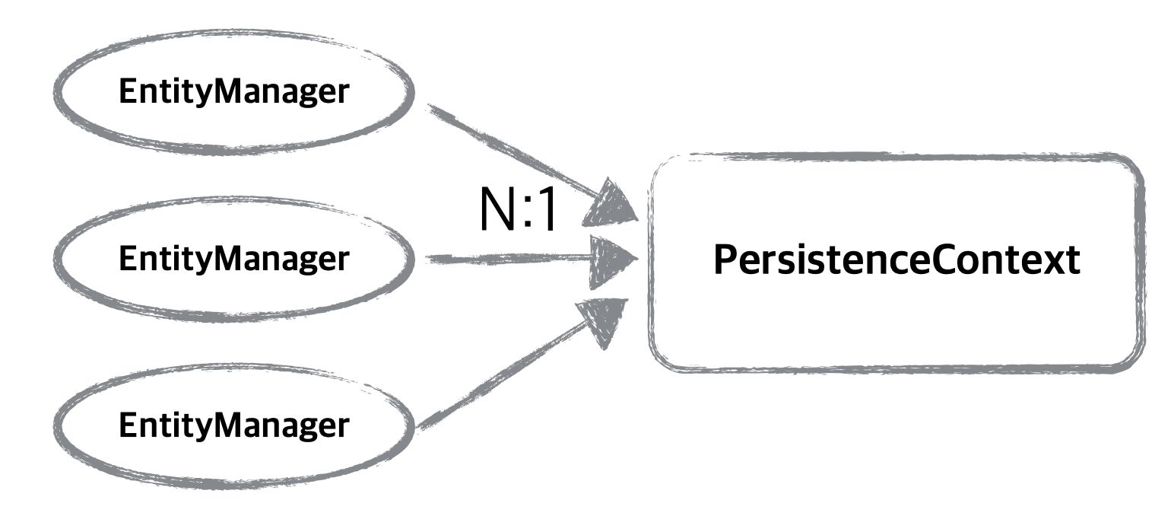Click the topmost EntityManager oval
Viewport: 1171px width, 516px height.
[234, 93]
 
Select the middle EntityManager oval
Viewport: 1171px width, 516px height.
[234, 260]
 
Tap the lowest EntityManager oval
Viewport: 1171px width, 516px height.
[234, 425]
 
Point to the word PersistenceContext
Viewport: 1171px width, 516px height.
[897, 261]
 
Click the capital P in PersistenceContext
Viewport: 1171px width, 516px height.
[725, 261]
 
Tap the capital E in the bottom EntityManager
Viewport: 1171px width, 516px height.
[126, 425]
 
